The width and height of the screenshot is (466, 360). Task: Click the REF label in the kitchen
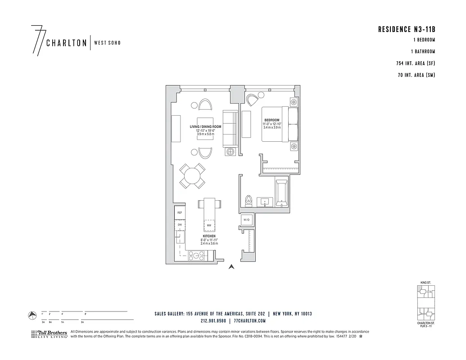click(179, 212)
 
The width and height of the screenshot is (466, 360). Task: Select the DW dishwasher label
click(179, 224)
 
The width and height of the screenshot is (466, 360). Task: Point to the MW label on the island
click(209, 225)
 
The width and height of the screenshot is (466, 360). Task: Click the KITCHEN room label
click(209, 236)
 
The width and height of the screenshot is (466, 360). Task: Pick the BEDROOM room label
click(272, 120)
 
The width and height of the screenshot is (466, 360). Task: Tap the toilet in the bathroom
click(247, 200)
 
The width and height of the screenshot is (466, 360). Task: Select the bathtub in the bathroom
click(281, 193)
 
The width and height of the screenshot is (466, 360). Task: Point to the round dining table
click(192, 176)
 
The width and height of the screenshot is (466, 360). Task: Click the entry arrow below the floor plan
click(231, 267)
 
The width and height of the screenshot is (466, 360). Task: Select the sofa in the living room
click(231, 129)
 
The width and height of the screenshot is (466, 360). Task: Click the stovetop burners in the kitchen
click(197, 256)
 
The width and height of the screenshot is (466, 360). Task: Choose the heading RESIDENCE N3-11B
click(407, 30)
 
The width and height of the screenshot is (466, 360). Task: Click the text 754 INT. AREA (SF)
click(416, 63)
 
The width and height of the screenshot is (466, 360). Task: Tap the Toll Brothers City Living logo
click(49, 334)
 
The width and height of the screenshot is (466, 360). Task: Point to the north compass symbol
click(32, 315)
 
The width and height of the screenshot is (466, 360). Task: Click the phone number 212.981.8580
click(214, 321)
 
